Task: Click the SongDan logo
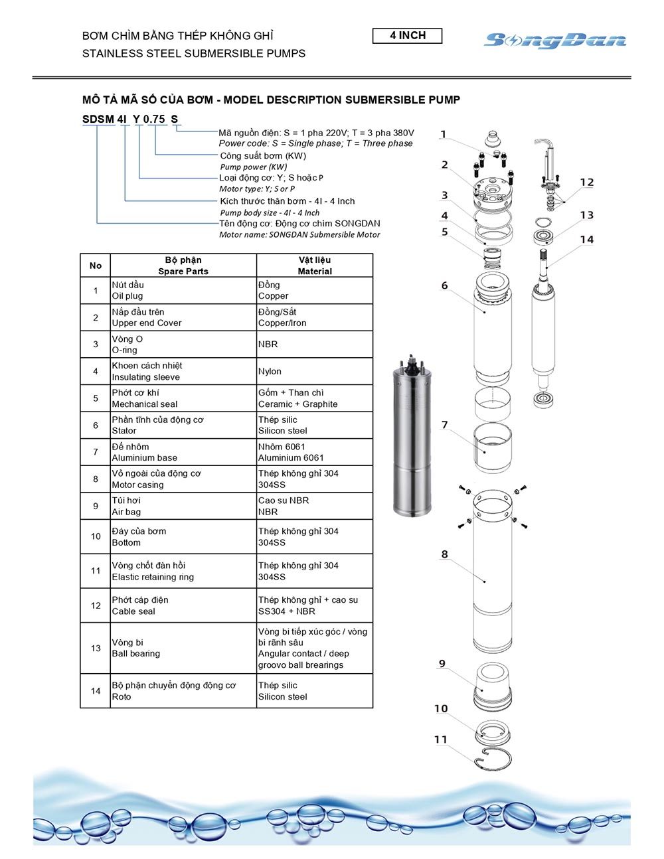[x=555, y=40]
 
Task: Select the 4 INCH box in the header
[x=407, y=36]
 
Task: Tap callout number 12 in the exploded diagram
[x=586, y=182]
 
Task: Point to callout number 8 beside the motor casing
[x=444, y=554]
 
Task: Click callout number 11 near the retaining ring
[x=441, y=740]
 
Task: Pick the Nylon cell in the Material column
[x=314, y=372]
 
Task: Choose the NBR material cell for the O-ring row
[x=314, y=345]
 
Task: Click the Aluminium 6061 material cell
[x=314, y=452]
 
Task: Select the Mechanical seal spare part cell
[x=183, y=398]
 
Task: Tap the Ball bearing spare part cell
[x=183, y=648]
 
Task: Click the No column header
[x=96, y=266]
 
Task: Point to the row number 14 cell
[x=96, y=691]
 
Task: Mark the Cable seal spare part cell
[x=183, y=605]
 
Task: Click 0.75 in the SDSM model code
[x=154, y=119]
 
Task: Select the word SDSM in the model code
[x=98, y=119]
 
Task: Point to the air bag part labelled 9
[x=492, y=684]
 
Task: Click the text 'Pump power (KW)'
[x=254, y=167]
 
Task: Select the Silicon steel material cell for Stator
[x=314, y=425]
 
